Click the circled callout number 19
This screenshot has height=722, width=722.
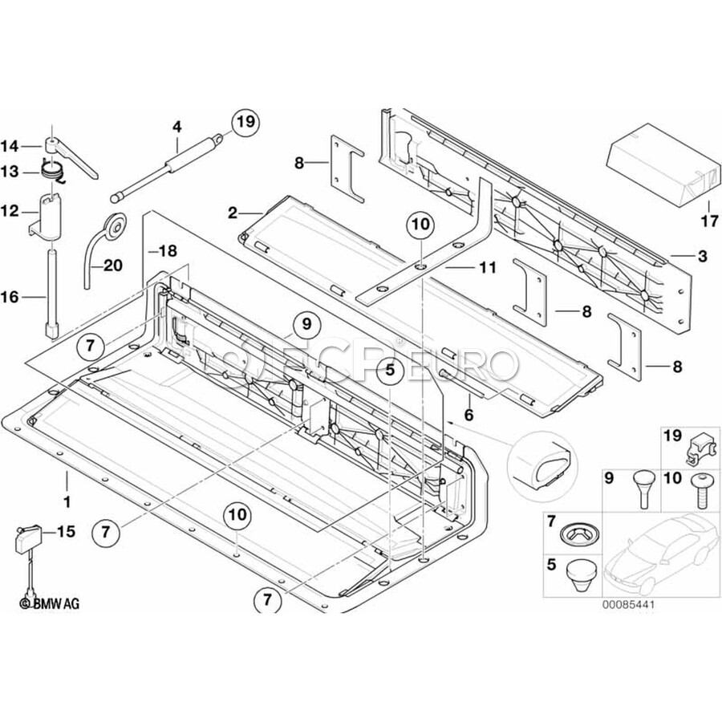245,122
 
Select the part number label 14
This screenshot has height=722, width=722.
10,146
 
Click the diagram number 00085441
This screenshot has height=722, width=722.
627,604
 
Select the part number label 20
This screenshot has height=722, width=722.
113,265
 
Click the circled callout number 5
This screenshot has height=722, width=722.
389,371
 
